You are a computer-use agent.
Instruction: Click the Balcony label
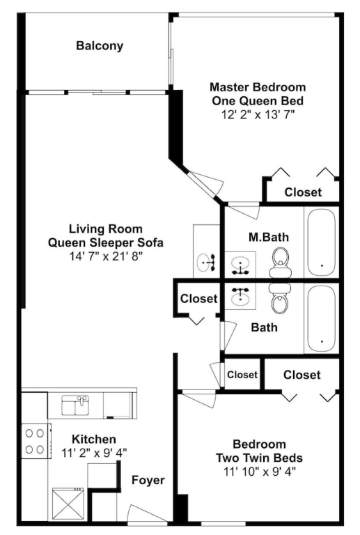pos(100,46)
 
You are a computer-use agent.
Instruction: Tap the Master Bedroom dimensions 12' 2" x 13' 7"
pos(258,115)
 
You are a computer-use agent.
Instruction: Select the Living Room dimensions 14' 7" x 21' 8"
pos(106,256)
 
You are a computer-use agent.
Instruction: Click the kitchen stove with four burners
pos(36,441)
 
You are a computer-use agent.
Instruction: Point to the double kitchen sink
pos(75,405)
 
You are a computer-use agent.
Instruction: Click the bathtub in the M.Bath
pos(322,242)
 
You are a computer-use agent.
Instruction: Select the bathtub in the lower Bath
pos(322,318)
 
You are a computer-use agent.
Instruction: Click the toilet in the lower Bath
pos(280,298)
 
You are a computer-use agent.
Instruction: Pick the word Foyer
pos(148,480)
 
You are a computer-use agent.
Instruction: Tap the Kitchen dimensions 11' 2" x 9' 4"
pos(94,453)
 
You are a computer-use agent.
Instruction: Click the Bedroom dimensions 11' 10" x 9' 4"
pos(260,472)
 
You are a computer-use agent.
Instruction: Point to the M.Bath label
pos(269,237)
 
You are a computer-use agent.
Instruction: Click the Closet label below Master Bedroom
pos(303,192)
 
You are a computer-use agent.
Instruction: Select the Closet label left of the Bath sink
pos(198,299)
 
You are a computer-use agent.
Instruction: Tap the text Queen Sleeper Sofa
pos(106,242)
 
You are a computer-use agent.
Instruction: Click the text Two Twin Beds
pos(260,458)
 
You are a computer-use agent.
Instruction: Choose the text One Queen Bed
pos(258,101)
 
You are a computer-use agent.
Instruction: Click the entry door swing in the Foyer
pos(148,513)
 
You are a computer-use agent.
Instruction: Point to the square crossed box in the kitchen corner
pos(68,505)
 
